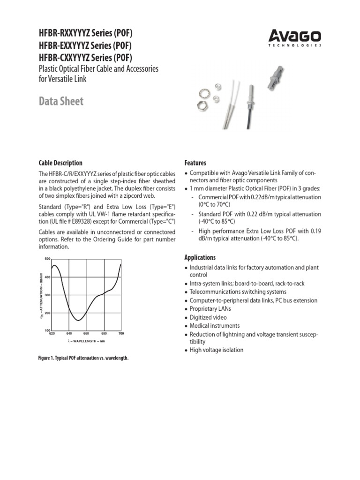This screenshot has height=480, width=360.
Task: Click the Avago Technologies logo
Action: pos(295,37)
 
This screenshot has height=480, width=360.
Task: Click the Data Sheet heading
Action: pos(61,101)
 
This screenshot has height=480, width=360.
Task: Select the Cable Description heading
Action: pos(60,163)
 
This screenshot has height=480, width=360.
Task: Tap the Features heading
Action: pos(195,163)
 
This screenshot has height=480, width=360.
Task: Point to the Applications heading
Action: pos(200,257)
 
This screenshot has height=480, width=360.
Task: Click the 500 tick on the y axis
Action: pos(47,259)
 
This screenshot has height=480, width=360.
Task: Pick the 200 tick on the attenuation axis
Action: pos(47,313)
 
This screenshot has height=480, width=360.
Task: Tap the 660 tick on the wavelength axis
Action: pos(86,333)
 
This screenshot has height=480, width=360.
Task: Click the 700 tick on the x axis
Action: pos(120,333)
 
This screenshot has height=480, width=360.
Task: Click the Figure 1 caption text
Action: pos(83,358)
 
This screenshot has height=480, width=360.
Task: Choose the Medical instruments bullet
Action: pos(214,326)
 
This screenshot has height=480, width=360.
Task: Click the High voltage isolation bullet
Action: pos(216,350)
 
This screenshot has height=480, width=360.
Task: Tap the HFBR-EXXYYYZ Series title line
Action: pos(84,46)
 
